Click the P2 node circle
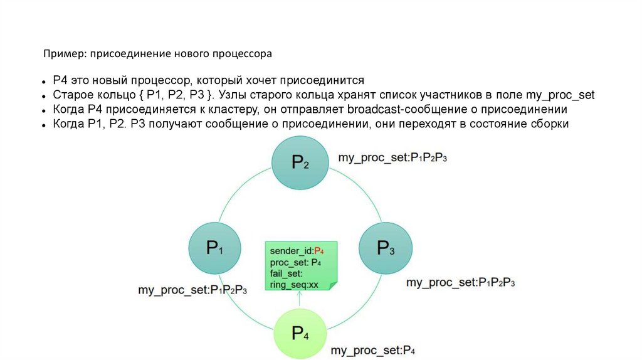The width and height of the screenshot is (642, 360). tap(299, 163)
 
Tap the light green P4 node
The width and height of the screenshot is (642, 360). tap(300, 332)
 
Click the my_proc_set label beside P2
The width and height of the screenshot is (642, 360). tap(393, 157)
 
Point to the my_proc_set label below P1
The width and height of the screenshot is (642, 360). tap(192, 290)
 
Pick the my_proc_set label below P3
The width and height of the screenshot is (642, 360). tap(460, 282)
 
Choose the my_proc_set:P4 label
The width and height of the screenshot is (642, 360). tap(374, 350)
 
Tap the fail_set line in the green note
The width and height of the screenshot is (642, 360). tap(287, 273)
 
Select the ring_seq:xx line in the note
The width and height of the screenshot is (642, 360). tap(295, 285)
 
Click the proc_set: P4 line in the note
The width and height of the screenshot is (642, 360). tap(296, 262)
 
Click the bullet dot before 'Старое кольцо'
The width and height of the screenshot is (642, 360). tap(45, 96)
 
